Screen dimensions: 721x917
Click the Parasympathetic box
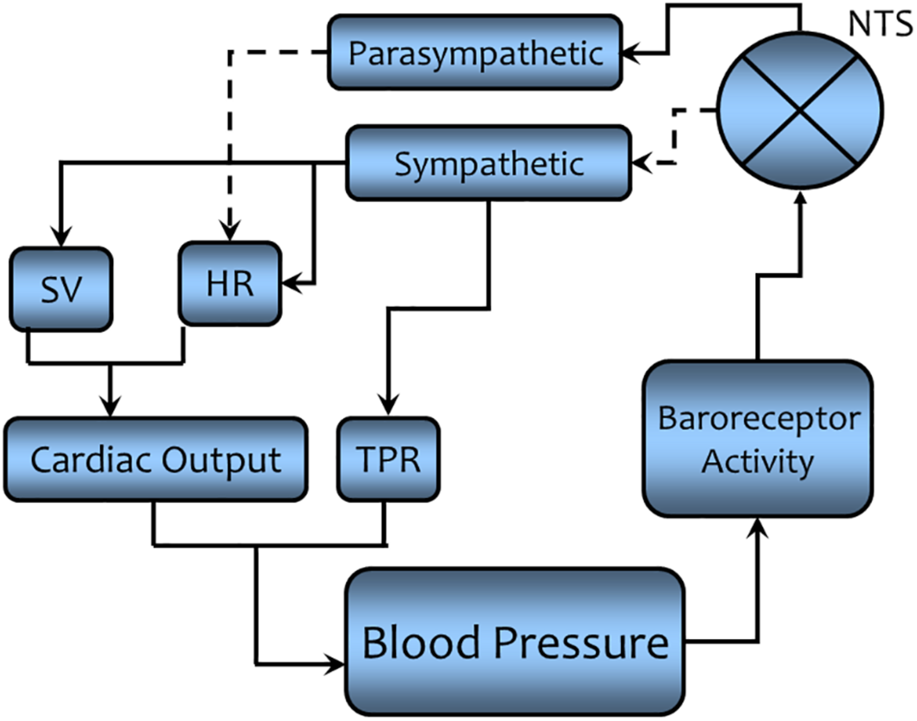(475, 52)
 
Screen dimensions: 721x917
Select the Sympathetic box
(488, 163)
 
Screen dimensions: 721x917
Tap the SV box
(61, 289)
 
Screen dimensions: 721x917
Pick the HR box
(230, 284)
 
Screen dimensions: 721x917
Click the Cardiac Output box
(156, 459)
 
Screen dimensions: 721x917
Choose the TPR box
(388, 459)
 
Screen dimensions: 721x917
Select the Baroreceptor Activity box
(758, 439)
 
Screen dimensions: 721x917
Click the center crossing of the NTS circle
(800, 110)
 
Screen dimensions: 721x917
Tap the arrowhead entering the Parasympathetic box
(629, 53)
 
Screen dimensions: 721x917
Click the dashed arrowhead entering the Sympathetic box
(640, 163)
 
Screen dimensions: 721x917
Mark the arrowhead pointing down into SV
(61, 238)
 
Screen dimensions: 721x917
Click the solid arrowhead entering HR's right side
(290, 284)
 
